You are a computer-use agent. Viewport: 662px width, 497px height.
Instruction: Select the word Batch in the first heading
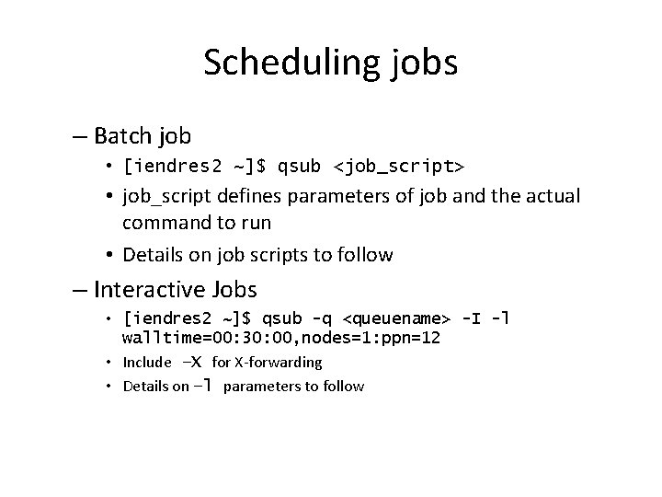coord(123,137)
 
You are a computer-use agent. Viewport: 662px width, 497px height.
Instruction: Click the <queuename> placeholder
coord(396,319)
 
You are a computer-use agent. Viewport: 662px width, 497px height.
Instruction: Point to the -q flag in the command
coord(322,319)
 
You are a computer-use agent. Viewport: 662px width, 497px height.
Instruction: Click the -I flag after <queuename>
coord(471,319)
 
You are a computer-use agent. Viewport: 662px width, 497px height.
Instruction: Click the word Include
coord(147,363)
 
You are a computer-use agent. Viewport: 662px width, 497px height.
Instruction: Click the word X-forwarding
coord(280,363)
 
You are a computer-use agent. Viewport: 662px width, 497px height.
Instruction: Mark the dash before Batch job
coord(79,137)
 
